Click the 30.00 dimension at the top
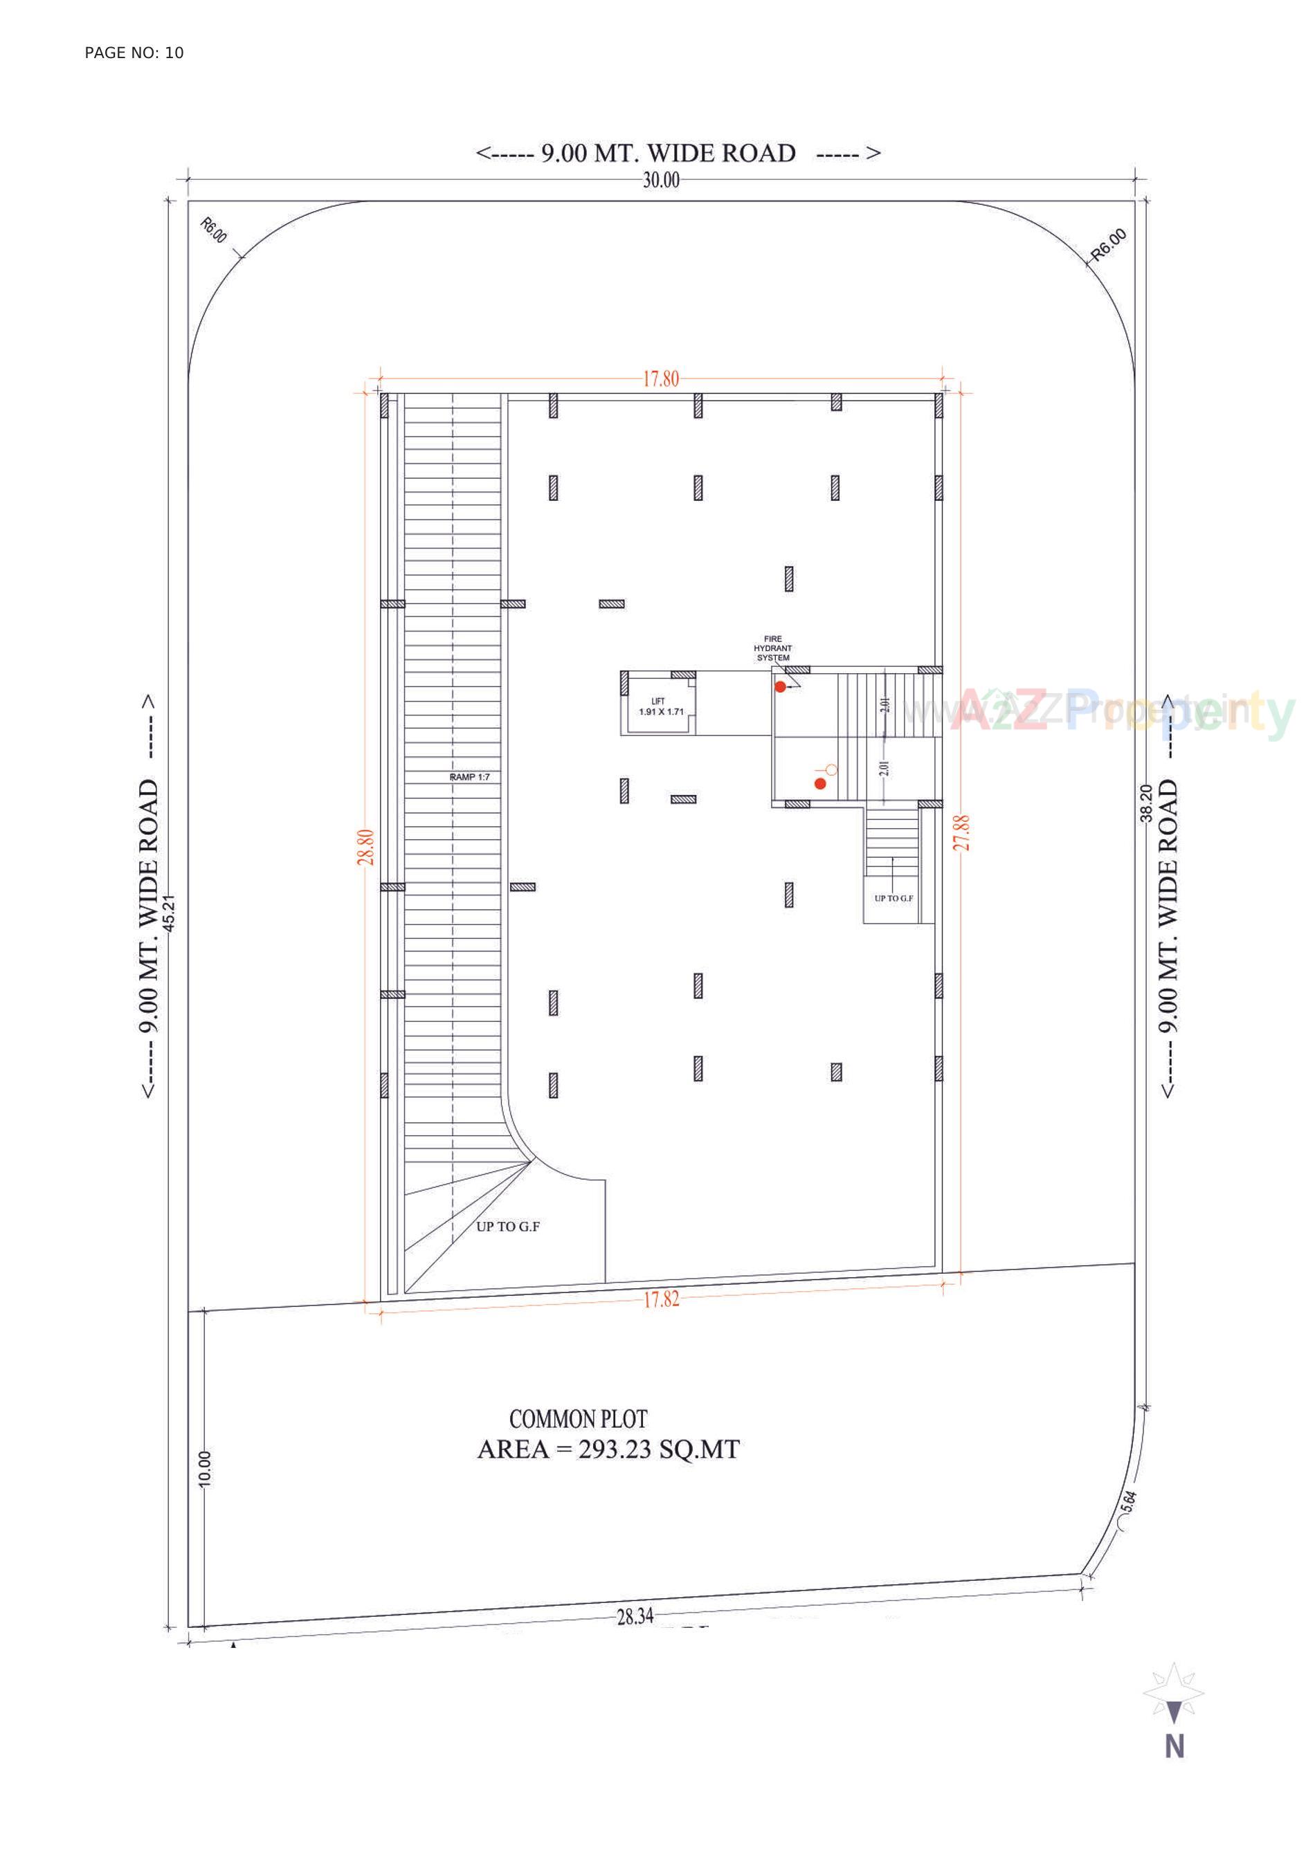[660, 181]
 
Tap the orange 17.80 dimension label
[660, 379]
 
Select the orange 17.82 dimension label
[661, 1299]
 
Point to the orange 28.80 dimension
[366, 847]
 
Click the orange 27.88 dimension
[962, 832]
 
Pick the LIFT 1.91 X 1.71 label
[661, 707]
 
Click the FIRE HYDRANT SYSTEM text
[772, 648]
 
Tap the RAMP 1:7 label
[469, 778]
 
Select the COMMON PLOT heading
[578, 1420]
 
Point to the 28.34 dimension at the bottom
[635, 1617]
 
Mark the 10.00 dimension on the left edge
[204, 1469]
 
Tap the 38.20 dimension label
[1145, 804]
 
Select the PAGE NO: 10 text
[134, 53]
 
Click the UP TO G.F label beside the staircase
[893, 898]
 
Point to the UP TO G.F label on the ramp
[508, 1227]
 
